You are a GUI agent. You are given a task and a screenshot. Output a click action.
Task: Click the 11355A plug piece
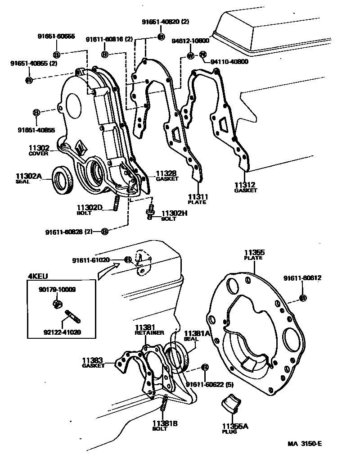(233, 402)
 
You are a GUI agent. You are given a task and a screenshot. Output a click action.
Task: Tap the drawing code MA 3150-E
(305, 443)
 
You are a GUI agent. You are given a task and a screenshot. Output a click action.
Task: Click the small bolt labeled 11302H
(150, 211)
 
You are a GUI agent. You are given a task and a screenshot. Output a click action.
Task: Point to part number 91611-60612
(302, 278)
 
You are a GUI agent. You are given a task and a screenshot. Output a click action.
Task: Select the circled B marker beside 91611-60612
(302, 298)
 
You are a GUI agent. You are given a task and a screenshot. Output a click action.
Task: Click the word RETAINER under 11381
(149, 333)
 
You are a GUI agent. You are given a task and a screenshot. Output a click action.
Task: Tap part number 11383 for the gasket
(92, 360)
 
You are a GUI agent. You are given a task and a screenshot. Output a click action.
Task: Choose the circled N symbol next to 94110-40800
(202, 55)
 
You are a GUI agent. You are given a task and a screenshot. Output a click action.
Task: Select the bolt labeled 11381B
(164, 404)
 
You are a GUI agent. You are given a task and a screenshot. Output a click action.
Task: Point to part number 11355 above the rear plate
(254, 252)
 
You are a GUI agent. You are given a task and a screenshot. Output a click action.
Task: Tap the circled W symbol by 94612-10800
(190, 56)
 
